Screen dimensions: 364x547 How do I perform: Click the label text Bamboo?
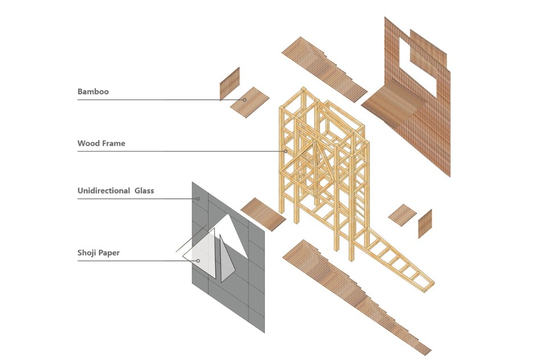(93, 91)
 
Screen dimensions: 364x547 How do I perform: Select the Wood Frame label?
(101, 144)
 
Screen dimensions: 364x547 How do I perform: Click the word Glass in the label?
(145, 191)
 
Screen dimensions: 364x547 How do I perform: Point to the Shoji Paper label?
(99, 252)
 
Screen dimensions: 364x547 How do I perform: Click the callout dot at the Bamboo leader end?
(244, 100)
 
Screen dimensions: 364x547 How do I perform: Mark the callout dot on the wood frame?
(286, 151)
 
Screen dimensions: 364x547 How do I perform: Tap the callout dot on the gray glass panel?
(198, 199)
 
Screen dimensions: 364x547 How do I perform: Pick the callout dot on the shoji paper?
(198, 261)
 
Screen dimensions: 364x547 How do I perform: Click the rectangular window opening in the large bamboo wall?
(421, 72)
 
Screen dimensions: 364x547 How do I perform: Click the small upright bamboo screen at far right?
(425, 223)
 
